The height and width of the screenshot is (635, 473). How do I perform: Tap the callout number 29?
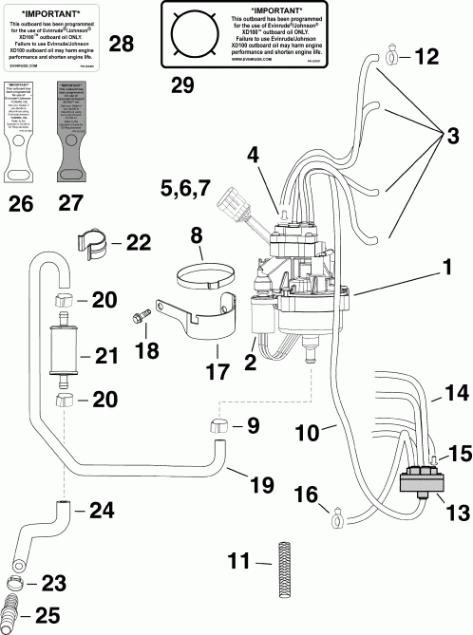(181, 85)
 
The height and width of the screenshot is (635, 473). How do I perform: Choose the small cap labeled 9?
(217, 423)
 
